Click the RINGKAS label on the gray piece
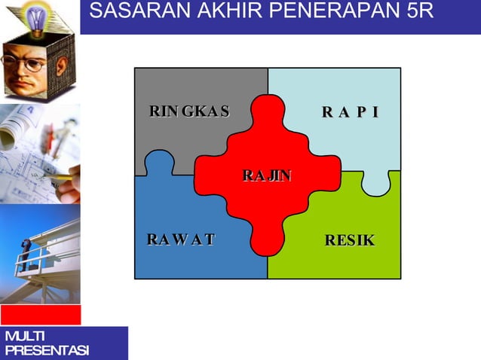point(189,112)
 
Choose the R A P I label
point(350,113)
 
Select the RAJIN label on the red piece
point(267,176)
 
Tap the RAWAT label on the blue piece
point(181,240)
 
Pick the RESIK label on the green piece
point(350,241)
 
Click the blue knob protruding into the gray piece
point(159,163)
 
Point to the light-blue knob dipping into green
point(375,184)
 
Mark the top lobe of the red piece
point(267,111)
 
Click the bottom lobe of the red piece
point(267,241)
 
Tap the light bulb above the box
point(35,15)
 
